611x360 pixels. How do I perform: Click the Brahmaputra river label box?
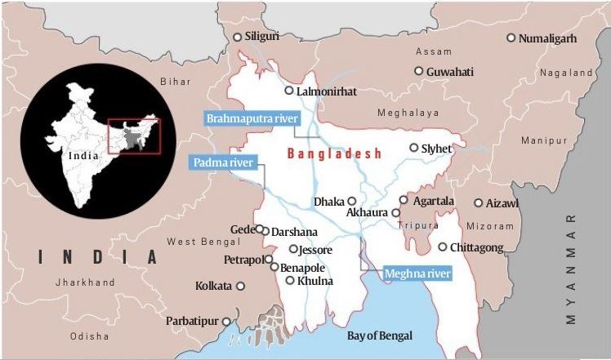pos(251,119)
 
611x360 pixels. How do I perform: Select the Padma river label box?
pos(223,162)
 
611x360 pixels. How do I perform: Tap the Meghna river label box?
pos(417,273)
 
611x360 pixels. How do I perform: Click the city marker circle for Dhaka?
pos(351,201)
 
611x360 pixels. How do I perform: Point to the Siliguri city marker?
pos(238,37)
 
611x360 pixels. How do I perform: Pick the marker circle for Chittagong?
pos(443,247)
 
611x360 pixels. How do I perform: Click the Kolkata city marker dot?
pos(240,286)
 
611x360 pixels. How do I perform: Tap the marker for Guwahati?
pos(419,71)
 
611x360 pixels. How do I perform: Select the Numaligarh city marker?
pos(511,38)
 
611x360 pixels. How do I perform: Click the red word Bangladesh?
pos(335,153)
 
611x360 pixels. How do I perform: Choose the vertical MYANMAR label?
pos(571,269)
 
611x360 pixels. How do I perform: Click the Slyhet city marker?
pos(414,148)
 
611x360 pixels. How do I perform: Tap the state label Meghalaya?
pos(408,113)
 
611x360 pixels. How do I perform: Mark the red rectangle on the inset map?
pos(134,136)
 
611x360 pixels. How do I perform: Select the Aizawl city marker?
pos(479,202)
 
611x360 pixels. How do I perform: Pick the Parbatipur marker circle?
pos(226,321)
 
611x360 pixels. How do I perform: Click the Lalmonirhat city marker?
pos(289,91)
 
